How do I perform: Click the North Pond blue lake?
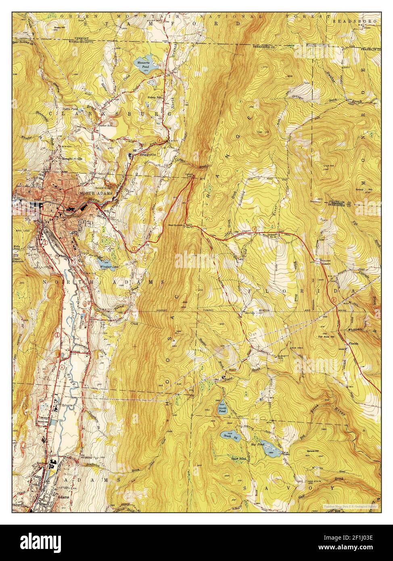coord(222,408)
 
